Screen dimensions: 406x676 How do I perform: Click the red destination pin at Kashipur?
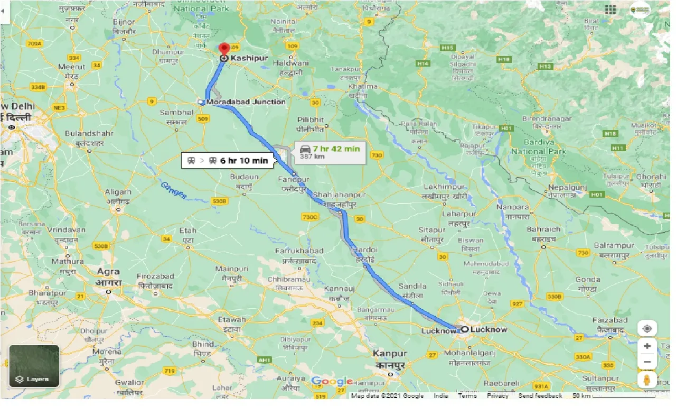pos(224,49)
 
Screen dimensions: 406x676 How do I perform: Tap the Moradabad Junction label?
pos(246,102)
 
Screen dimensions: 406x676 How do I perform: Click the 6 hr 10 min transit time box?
pos(228,161)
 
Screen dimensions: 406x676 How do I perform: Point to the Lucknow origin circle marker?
pos(465,329)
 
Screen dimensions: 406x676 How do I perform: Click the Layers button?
pos(34,366)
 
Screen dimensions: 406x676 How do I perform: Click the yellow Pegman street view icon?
pos(647,380)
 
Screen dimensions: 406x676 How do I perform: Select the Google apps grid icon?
pos(611,10)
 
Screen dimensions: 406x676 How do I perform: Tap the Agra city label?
pos(109,272)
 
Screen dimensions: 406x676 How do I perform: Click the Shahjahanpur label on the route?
pos(339,196)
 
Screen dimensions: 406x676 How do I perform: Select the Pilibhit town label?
pos(310,120)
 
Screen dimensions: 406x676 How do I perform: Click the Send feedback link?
pos(540,396)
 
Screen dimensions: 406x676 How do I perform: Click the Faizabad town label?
pos(610,320)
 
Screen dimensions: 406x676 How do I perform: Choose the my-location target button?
pos(647,328)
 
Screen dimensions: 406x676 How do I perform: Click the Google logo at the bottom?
pos(332,382)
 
